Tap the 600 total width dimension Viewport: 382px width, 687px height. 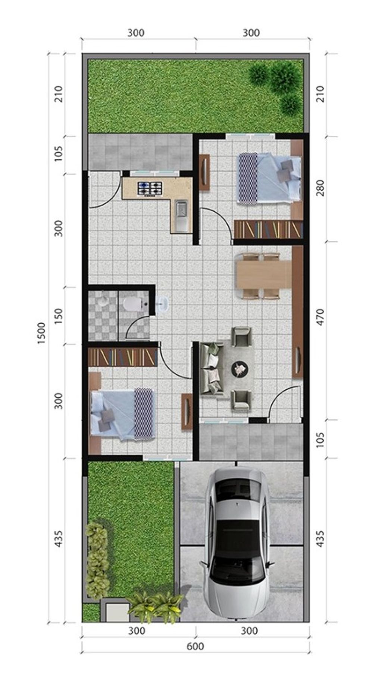tap(195, 646)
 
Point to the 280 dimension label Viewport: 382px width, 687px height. tap(320, 188)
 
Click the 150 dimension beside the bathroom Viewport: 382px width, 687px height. tap(59, 316)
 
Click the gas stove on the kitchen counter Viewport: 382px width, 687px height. tap(150, 188)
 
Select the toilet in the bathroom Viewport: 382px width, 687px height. tap(133, 304)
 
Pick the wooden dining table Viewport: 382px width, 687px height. tap(263, 275)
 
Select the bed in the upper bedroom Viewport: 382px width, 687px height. tap(269, 178)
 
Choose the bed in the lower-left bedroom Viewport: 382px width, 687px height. tap(122, 414)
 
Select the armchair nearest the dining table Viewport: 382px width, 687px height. tap(241, 336)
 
